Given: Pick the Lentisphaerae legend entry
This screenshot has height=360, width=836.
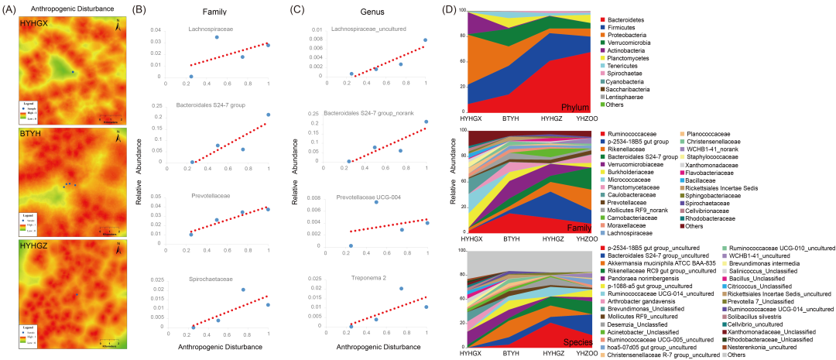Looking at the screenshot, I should pyautogui.click(x=629, y=96).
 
